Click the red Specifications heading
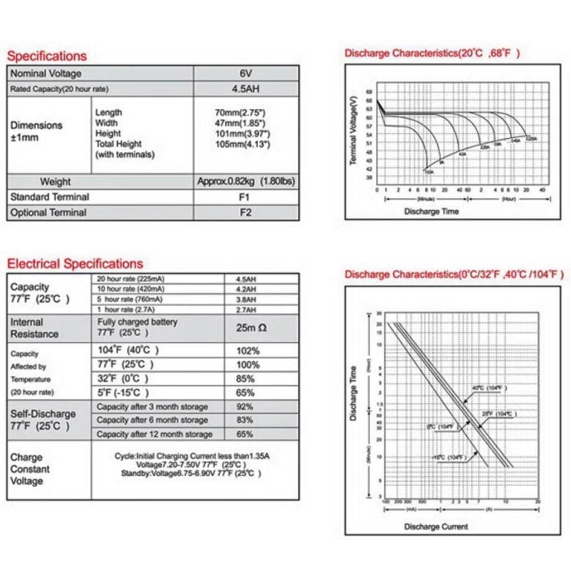coord(47,56)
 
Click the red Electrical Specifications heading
coord(75,264)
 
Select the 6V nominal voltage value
coord(246,74)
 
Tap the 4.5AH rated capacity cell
coord(246,89)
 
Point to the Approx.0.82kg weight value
coord(246,182)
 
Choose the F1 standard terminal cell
coord(246,197)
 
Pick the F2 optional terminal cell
coord(246,212)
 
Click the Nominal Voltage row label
coord(46,74)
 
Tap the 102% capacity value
coord(248,351)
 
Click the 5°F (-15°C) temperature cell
coord(123,393)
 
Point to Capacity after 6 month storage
coord(152,420)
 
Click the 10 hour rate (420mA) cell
coord(132,289)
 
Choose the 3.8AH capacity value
coord(246,299)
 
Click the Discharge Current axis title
coord(436,526)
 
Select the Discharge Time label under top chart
coord(431,211)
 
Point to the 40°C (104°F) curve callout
coord(487,388)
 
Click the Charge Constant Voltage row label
coord(30,469)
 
